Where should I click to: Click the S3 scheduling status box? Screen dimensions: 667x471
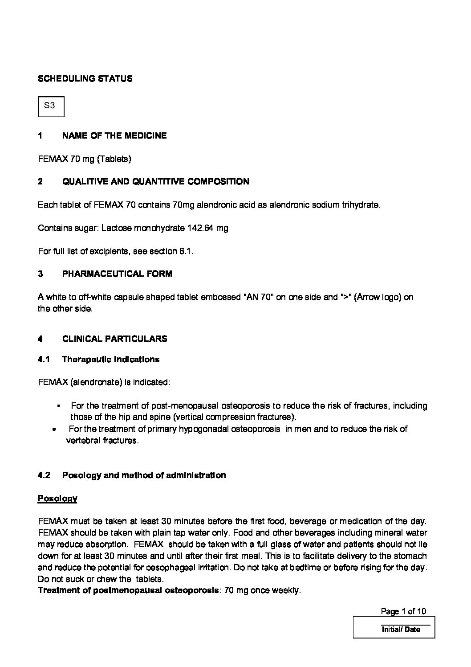coord(51,106)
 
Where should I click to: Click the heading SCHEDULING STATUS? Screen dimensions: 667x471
coord(85,79)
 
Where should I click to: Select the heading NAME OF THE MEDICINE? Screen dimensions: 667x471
coord(114,136)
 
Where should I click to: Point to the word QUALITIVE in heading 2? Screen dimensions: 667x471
coord(83,182)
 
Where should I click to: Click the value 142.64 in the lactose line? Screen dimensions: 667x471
coord(200,228)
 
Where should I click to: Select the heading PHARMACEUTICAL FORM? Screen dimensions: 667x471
coord(117,274)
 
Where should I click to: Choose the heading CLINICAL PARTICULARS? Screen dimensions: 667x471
coord(114,339)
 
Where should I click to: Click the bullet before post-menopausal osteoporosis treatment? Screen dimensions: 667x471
coord(58,406)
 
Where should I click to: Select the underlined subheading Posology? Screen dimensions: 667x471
coord(57,499)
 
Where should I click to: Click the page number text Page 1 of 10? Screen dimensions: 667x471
coord(403,611)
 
